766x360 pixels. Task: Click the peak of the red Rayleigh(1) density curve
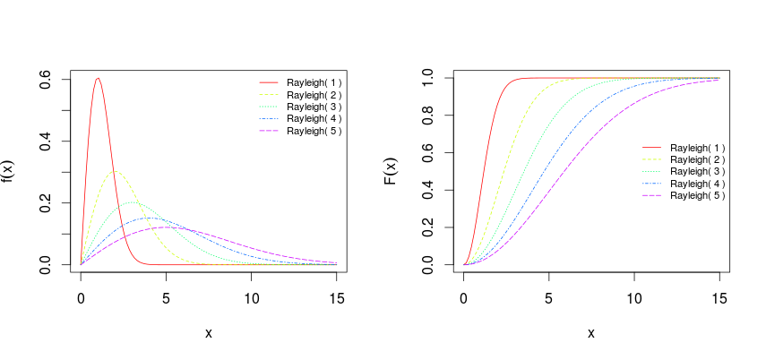[x=98, y=78]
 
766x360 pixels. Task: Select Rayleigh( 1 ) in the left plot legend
[x=314, y=82]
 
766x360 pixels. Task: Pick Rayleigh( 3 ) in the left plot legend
[x=314, y=107]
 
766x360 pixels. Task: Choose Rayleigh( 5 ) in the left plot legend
[x=314, y=131]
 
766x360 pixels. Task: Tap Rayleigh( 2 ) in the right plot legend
[x=697, y=159]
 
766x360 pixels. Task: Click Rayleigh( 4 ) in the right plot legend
[x=697, y=184]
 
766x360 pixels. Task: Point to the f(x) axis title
[x=7, y=172]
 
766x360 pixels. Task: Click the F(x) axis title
[x=390, y=172]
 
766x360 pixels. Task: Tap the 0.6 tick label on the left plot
[x=44, y=80]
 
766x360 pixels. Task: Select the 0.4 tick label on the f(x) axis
[x=44, y=141]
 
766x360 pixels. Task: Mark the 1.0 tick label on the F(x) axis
[x=426, y=78]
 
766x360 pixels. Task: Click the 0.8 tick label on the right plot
[x=426, y=116]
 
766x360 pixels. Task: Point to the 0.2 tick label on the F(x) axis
[x=426, y=228]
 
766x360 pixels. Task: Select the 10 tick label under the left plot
[x=251, y=296]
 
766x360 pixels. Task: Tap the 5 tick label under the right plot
[x=548, y=296]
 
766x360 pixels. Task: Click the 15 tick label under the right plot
[x=719, y=296]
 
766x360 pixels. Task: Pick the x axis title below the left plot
[x=209, y=333]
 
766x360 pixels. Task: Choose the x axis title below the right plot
[x=591, y=333]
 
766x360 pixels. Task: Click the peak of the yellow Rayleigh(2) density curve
[x=115, y=171]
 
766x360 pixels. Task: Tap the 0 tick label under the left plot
[x=81, y=296]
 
